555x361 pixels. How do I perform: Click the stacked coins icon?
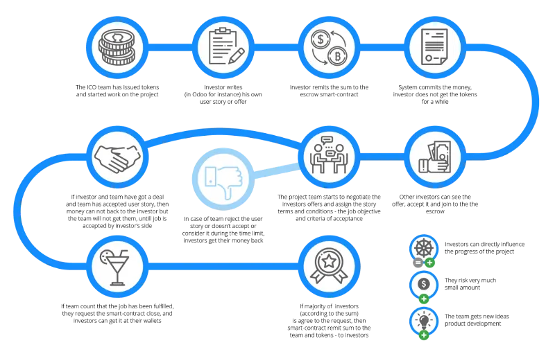(x=117, y=47)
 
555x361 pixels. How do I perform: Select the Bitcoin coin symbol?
(x=337, y=56)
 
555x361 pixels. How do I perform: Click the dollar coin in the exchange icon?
(x=321, y=39)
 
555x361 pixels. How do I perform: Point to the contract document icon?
(x=434, y=47)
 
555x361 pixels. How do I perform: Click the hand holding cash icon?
(x=435, y=157)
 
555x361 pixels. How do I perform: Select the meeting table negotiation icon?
(x=329, y=155)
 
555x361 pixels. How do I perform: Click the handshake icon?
(x=117, y=158)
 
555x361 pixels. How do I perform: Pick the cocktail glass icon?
(x=114, y=267)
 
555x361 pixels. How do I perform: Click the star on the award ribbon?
(x=329, y=261)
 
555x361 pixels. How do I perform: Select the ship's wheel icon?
(x=424, y=248)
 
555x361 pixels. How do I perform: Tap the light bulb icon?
(x=424, y=320)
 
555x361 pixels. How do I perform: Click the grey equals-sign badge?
(x=418, y=263)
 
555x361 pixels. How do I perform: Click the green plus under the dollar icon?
(x=424, y=299)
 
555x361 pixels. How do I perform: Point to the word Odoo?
(x=199, y=94)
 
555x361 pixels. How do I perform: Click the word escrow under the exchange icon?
(x=309, y=94)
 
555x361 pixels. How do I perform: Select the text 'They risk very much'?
(x=470, y=281)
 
